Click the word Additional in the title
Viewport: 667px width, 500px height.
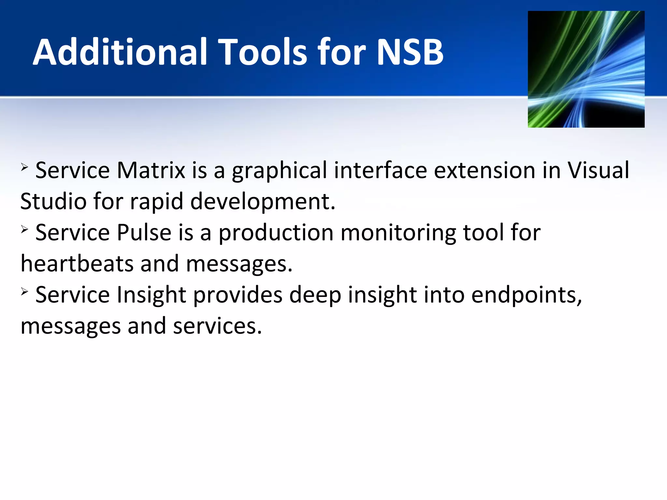(x=120, y=52)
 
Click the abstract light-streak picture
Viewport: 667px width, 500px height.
(x=586, y=69)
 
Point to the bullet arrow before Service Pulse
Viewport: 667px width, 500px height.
(x=25, y=230)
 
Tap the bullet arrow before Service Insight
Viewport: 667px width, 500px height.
(x=25, y=292)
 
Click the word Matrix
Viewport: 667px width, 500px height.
(x=151, y=170)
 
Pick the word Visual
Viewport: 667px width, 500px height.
(x=598, y=170)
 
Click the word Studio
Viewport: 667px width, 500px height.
(x=53, y=201)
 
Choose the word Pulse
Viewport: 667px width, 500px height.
(x=144, y=232)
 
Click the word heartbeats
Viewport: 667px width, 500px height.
(x=77, y=263)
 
